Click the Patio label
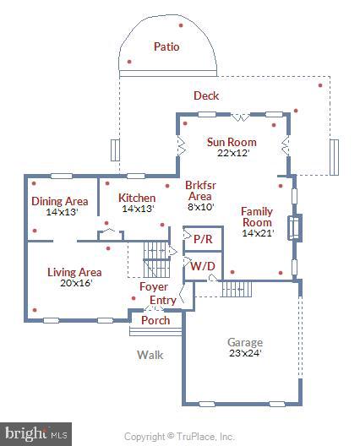pyautogui.click(x=166, y=47)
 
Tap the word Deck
pyautogui.click(x=206, y=96)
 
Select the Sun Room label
pyautogui.click(x=232, y=142)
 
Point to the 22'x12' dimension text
pyautogui.click(x=232, y=153)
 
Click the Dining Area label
pyautogui.click(x=60, y=201)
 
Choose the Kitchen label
pyautogui.click(x=137, y=199)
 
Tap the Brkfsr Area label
pyautogui.click(x=200, y=195)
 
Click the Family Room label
pyautogui.click(x=257, y=216)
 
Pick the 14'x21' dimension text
pyautogui.click(x=257, y=233)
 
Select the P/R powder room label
pyautogui.click(x=203, y=240)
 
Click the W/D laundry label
pyautogui.click(x=202, y=266)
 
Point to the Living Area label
pyautogui.click(x=74, y=273)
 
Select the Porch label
pyautogui.click(x=155, y=321)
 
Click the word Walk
pyautogui.click(x=150, y=355)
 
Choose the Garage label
pyautogui.click(x=244, y=343)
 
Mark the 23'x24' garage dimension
pyautogui.click(x=244, y=354)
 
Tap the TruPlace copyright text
pyautogui.click(x=179, y=437)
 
